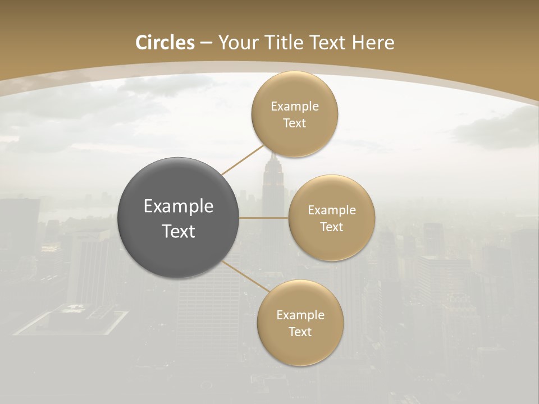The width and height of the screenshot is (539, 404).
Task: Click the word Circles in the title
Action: tap(165, 43)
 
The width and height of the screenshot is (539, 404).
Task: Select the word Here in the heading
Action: tap(373, 43)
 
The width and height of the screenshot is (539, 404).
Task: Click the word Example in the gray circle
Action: tap(179, 206)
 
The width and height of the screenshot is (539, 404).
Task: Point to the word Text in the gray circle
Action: tap(179, 231)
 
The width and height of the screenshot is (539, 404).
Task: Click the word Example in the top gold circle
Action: tap(295, 107)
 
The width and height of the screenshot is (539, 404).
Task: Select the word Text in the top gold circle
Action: tap(295, 123)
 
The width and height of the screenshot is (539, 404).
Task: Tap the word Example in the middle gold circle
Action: tap(332, 210)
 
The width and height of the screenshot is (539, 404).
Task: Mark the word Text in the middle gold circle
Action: tap(332, 227)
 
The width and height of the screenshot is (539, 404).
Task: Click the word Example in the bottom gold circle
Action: tap(300, 315)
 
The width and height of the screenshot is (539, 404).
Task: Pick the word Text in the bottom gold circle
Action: tap(300, 332)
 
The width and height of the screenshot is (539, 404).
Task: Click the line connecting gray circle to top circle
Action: tap(243, 160)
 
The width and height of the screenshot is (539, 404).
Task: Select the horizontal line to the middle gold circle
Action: tap(264, 218)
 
